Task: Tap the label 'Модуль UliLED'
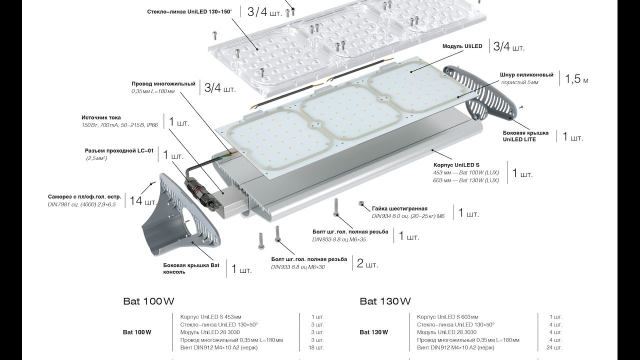(x=462, y=46)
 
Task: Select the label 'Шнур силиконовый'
(x=526, y=75)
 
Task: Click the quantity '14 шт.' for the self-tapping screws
(x=143, y=201)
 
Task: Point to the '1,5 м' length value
(x=576, y=79)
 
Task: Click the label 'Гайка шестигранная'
(x=399, y=208)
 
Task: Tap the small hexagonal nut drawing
(x=360, y=203)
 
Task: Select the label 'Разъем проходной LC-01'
(x=119, y=150)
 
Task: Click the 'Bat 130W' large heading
(x=385, y=301)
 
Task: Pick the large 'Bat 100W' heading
(x=148, y=301)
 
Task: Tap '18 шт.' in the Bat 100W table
(x=317, y=347)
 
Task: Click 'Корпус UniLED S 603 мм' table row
(x=447, y=317)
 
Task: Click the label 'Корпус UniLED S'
(x=456, y=164)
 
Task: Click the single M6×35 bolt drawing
(x=335, y=207)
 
